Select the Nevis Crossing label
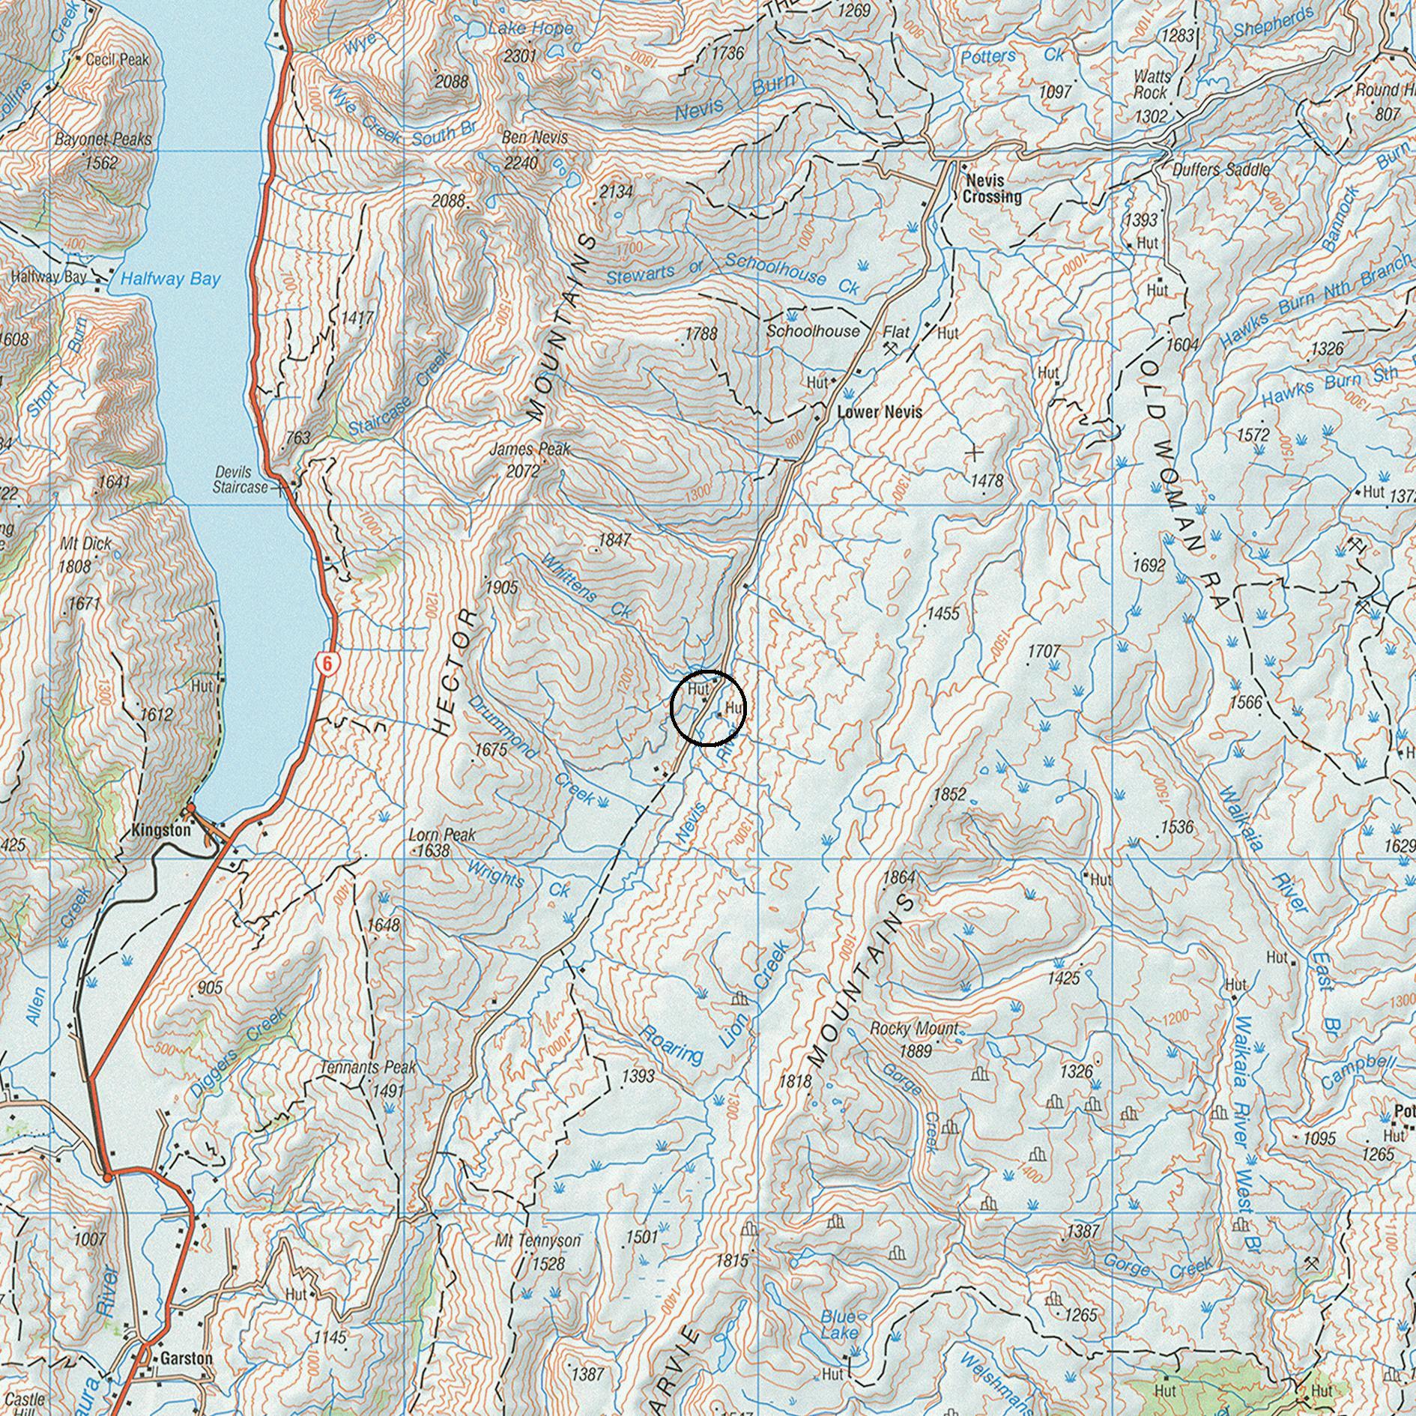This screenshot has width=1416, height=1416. tap(992, 189)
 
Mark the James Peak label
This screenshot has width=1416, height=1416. tap(530, 450)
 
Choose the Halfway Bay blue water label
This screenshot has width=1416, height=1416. tap(171, 279)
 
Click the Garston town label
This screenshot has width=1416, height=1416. tap(186, 1358)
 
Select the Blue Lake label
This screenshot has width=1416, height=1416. tap(838, 1325)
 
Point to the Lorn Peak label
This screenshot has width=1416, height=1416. tap(442, 835)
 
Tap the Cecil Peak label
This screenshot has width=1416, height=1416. tap(118, 59)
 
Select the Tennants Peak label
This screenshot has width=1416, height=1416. tap(368, 1067)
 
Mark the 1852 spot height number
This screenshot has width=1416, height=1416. tap(949, 794)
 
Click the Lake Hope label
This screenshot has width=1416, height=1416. tap(530, 28)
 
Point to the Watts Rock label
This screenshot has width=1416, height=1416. tap(1152, 84)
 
